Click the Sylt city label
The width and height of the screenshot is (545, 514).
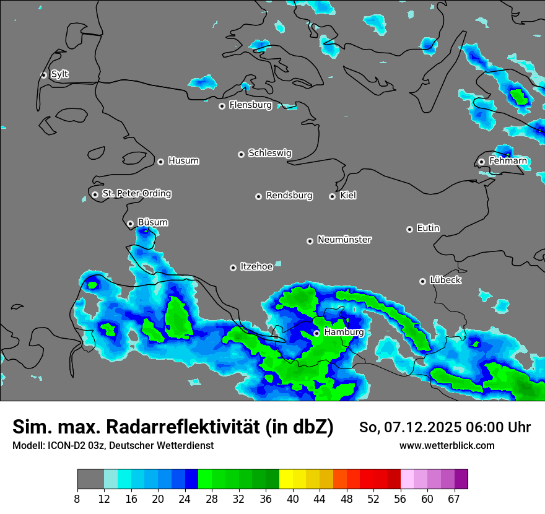pos(59,74)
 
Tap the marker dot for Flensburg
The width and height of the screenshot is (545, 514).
pos(222,106)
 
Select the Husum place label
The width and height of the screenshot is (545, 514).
pos(183,161)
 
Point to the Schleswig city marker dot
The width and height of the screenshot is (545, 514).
pos(241,154)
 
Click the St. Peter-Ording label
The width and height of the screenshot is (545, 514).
pos(136,194)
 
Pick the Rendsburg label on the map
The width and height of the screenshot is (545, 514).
pos(289,196)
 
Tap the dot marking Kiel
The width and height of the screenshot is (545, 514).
pos(332,196)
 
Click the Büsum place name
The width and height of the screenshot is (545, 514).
pos(152,222)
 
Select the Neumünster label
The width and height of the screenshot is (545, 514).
pos(344,240)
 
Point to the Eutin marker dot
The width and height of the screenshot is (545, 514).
pos(409,229)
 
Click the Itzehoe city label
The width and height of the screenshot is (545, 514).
pos(256,267)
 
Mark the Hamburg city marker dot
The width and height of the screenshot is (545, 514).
pos(316,333)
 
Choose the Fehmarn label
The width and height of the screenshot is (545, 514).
pos(508,161)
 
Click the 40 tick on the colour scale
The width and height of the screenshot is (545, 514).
pos(292,499)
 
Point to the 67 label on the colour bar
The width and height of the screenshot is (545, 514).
pos(455,499)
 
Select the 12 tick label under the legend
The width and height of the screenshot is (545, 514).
pos(104,499)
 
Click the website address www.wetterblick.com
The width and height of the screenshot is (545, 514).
pos(447,446)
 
